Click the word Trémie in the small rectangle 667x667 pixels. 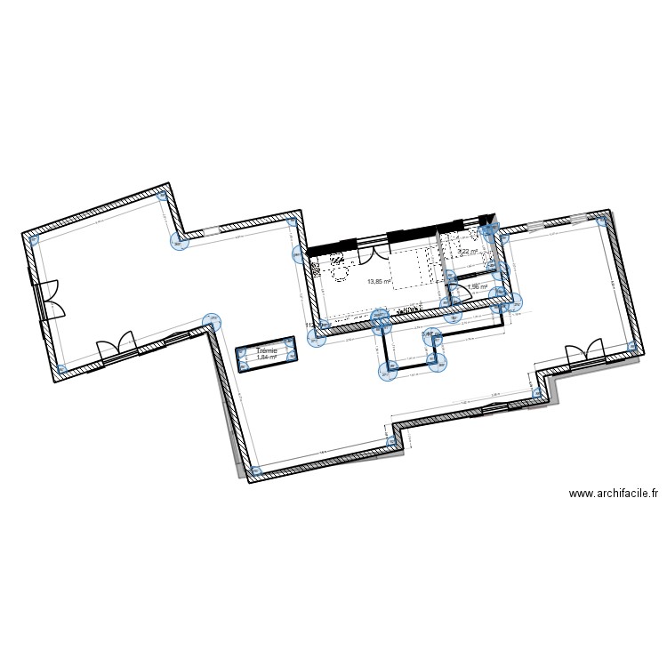pyautogui.click(x=266, y=350)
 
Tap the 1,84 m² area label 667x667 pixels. pyautogui.click(x=266, y=358)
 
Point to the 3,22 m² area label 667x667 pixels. pyautogui.click(x=468, y=252)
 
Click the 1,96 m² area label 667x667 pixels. pyautogui.click(x=478, y=287)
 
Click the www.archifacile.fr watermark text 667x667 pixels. pyautogui.click(x=613, y=494)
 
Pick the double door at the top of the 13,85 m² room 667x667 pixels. pyautogui.click(x=373, y=250)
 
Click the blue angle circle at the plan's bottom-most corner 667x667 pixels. pyautogui.click(x=256, y=470)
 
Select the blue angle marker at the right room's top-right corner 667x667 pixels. pyautogui.click(x=602, y=220)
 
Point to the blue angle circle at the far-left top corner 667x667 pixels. pyautogui.click(x=35, y=239)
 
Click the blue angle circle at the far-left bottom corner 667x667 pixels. pyautogui.click(x=61, y=369)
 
